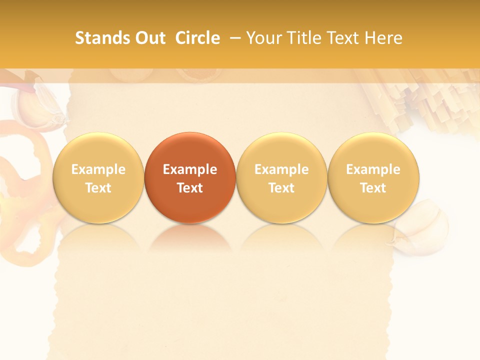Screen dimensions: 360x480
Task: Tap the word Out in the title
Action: [x=148, y=38]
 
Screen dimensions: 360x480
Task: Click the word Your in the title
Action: [x=263, y=38]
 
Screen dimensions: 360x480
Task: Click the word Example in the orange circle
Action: [x=190, y=169]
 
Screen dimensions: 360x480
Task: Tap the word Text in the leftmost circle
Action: [x=98, y=188]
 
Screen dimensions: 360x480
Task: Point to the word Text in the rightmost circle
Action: [x=373, y=188]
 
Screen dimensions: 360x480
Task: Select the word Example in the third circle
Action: [x=281, y=169]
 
